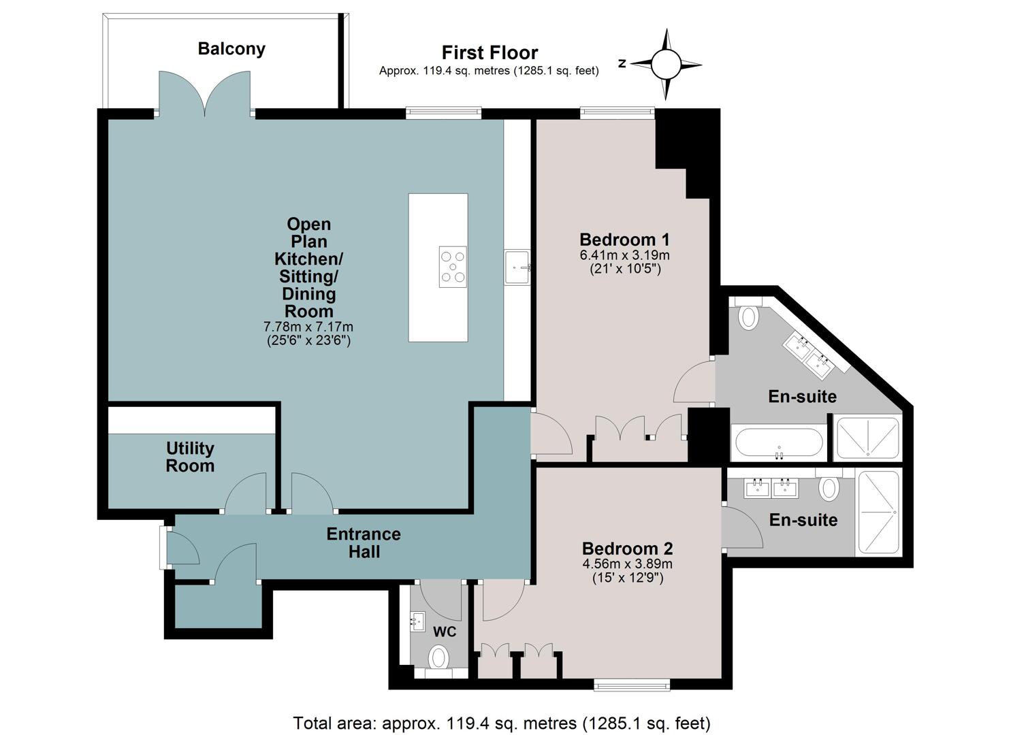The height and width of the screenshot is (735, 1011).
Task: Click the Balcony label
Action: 231,49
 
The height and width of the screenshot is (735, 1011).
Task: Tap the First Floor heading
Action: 490,53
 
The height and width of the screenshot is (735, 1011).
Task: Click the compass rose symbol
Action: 666,64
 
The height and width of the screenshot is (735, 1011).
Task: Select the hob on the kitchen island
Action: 453,267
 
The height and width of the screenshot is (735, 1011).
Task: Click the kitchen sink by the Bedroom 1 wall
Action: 517,267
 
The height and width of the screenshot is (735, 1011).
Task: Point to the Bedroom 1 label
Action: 625,239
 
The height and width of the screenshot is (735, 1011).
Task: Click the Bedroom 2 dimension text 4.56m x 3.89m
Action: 627,563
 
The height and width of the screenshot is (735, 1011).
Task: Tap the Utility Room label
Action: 190,457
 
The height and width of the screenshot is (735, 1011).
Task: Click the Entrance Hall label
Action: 364,543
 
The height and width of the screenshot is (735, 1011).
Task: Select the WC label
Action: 445,632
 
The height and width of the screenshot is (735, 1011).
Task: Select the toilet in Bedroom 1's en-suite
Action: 748,314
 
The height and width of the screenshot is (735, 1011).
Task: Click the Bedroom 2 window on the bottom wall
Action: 632,686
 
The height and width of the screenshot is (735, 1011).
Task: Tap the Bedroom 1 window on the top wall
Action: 617,113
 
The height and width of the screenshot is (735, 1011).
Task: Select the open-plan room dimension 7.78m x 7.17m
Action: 308,326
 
